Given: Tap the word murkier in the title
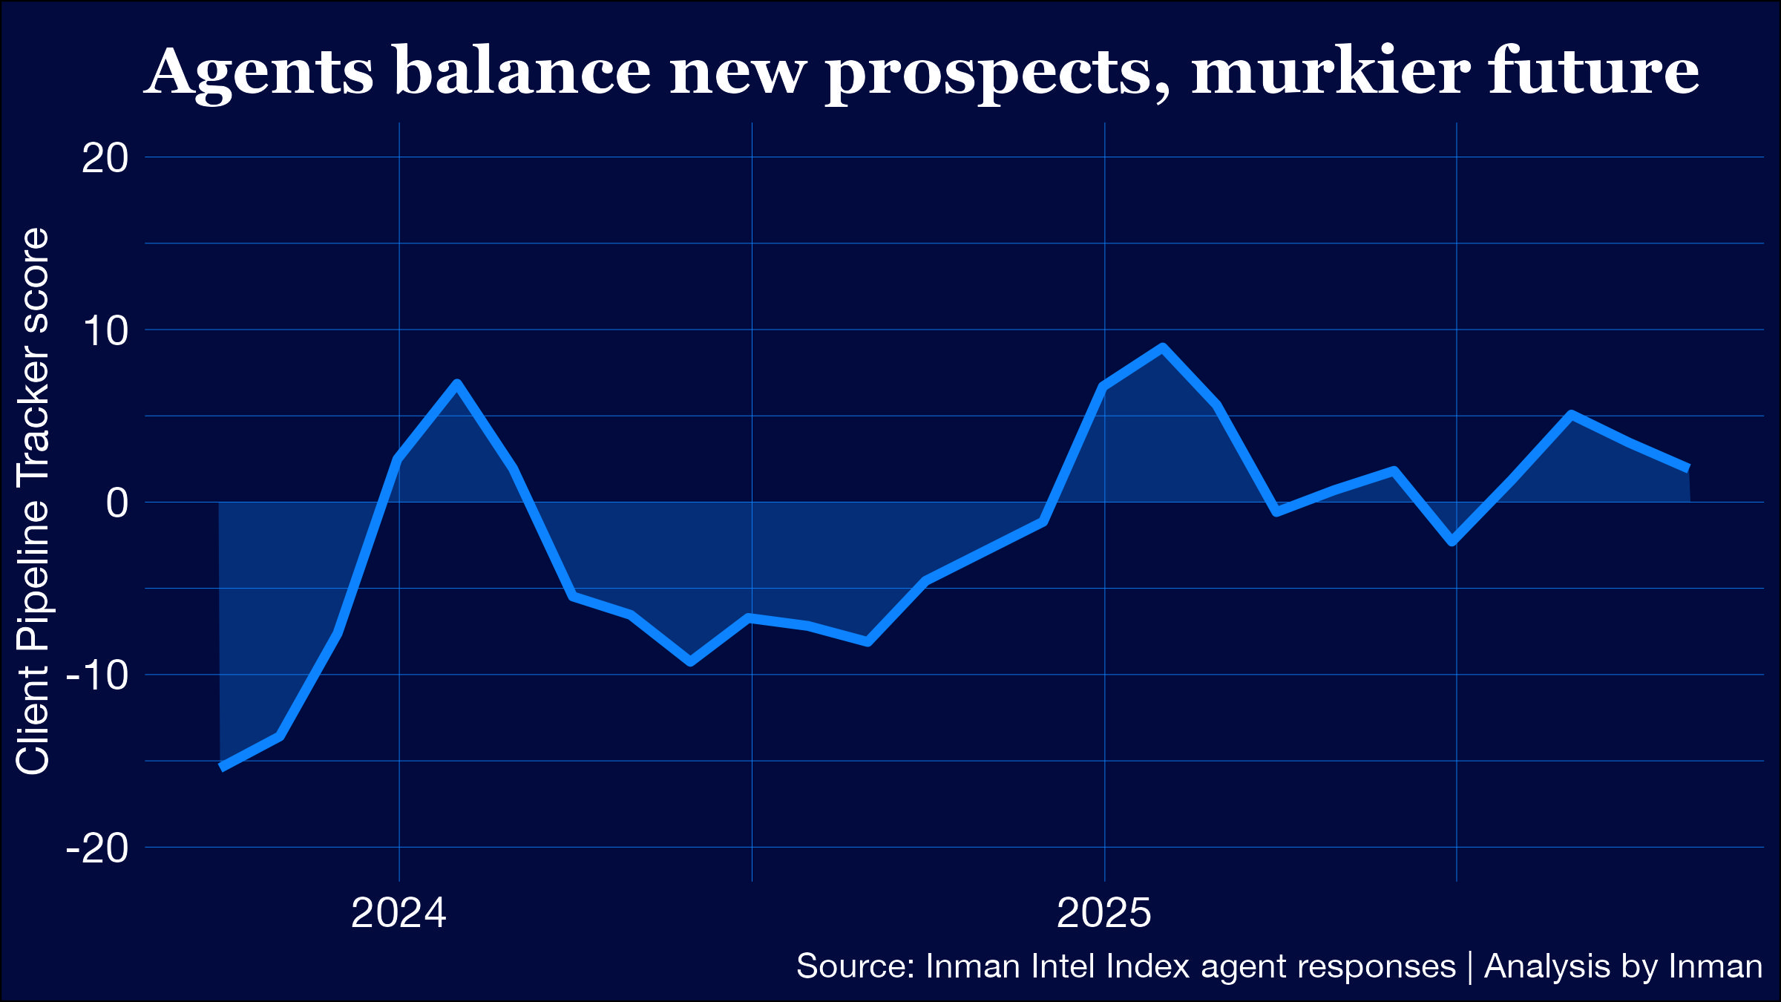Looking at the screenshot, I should pyautogui.click(x=1331, y=71).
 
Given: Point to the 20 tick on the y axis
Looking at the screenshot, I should pyautogui.click(x=105, y=158).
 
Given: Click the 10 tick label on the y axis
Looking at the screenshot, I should pyautogui.click(x=105, y=330).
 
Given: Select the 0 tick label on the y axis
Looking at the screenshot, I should pyautogui.click(x=117, y=503).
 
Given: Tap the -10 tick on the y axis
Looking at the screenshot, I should pyautogui.click(x=97, y=675).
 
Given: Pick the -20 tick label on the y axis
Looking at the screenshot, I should pyautogui.click(x=97, y=848).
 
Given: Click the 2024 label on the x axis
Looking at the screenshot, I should pyautogui.click(x=398, y=913).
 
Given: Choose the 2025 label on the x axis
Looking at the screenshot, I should pyautogui.click(x=1103, y=913).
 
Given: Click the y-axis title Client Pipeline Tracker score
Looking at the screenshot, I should pyautogui.click(x=33, y=502).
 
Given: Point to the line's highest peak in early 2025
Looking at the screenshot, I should pyautogui.click(x=1162, y=348).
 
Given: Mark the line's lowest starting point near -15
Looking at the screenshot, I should pyautogui.click(x=222, y=767).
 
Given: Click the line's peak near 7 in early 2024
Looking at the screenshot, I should pyautogui.click(x=457, y=384).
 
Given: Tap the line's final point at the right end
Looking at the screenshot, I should pyautogui.click(x=1688, y=468).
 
